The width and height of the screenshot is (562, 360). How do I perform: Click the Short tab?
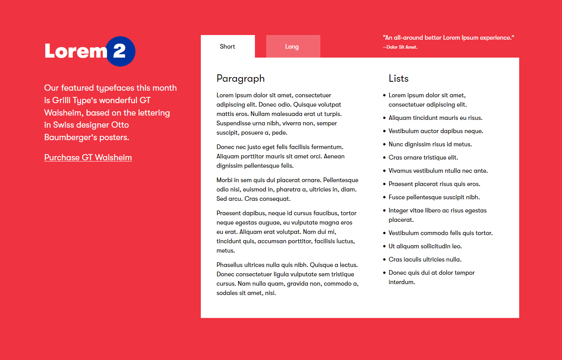[228, 47]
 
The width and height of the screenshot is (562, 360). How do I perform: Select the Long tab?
[292, 47]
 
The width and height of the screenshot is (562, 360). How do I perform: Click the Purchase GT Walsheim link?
[88, 158]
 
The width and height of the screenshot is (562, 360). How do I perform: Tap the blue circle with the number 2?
[120, 51]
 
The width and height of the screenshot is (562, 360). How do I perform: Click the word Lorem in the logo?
[76, 51]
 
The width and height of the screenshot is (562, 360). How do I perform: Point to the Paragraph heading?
[241, 79]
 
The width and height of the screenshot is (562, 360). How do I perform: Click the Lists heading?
[399, 79]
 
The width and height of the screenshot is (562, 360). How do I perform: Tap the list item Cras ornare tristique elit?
[423, 158]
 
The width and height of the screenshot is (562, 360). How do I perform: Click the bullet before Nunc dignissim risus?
[384, 144]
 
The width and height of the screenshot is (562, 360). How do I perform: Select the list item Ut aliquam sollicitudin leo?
[425, 246]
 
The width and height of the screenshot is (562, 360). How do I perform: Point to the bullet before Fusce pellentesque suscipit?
[384, 197]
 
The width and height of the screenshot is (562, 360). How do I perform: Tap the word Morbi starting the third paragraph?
[224, 180]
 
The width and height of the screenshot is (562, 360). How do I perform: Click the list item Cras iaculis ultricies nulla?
[425, 260]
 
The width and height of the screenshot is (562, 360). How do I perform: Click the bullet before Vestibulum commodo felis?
[384, 233]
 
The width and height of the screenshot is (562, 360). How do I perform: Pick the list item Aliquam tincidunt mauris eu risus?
[435, 118]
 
